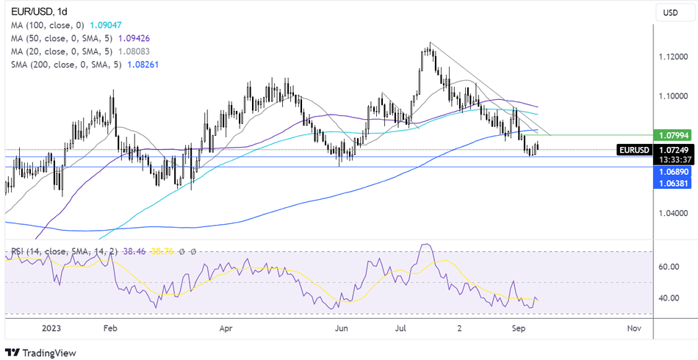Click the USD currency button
670,12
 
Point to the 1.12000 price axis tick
674,57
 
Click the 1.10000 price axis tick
674,96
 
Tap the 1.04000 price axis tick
674,214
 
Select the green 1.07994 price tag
674,135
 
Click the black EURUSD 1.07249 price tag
674,150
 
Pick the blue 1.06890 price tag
674,170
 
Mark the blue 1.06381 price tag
674,181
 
